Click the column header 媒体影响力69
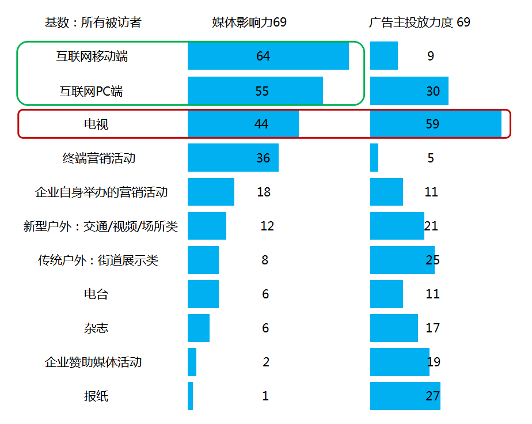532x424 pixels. (x=249, y=22)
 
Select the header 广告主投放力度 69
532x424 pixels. (x=420, y=22)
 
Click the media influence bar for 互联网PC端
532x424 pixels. (x=255, y=90)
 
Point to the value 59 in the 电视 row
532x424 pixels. (x=432, y=124)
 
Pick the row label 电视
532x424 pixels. (x=96, y=124)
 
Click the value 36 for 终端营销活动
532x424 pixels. (x=263, y=158)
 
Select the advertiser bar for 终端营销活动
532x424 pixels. (x=374, y=158)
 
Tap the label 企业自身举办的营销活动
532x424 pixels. (x=101, y=192)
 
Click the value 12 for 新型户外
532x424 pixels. (x=267, y=226)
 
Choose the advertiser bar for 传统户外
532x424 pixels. (x=402, y=260)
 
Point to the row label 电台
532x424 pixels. (x=96, y=294)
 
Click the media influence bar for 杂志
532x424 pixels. (x=199, y=328)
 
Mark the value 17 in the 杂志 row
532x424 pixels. (x=433, y=328)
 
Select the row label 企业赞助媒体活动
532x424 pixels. (x=93, y=362)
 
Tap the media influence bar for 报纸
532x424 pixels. (x=191, y=396)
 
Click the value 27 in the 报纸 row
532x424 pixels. (x=432, y=396)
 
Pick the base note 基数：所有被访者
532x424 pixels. (x=93, y=22)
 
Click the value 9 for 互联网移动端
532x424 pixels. (x=431, y=56)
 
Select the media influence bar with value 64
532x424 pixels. (x=268, y=56)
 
